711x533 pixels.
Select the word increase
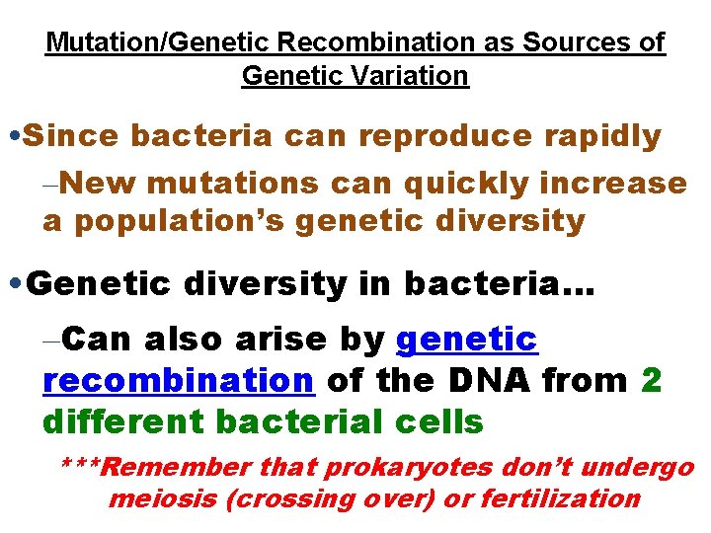[621, 183]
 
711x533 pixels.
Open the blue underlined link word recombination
[179, 380]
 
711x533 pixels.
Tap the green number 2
[651, 380]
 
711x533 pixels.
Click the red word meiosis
[163, 498]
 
